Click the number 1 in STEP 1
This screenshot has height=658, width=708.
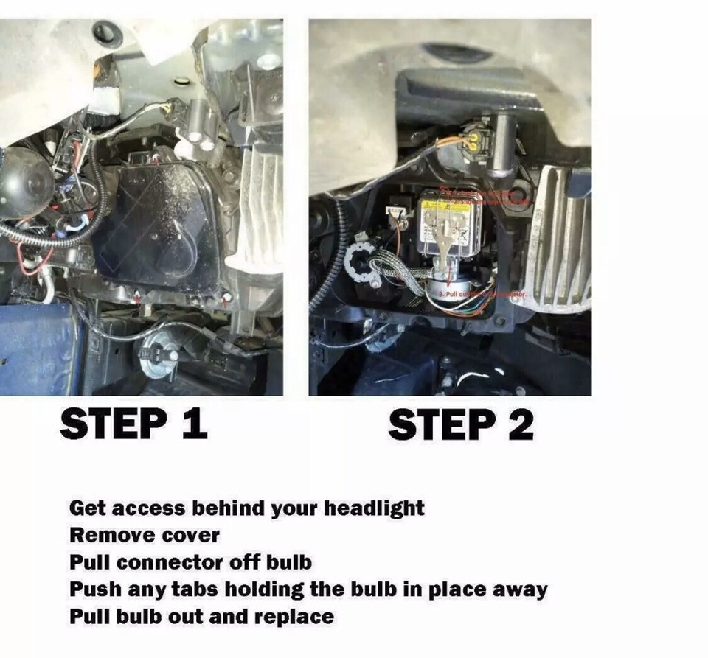(192, 424)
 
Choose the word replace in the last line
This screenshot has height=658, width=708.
(295, 616)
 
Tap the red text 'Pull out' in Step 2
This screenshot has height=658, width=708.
(448, 293)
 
